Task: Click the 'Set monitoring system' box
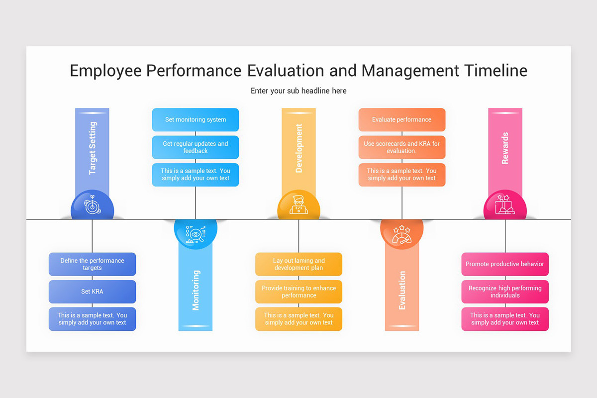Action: coord(195,120)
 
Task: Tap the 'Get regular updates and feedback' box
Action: coord(195,147)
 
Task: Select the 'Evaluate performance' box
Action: coord(401,120)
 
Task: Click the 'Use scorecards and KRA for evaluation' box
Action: coord(401,147)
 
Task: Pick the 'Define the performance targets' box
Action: coord(92,264)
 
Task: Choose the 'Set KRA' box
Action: coord(92,292)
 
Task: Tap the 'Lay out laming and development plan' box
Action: coord(298,264)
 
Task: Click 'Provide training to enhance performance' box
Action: coord(298,292)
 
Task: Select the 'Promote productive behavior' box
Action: coord(505,264)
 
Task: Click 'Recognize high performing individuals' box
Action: coord(505,292)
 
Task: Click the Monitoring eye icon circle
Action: coord(196,233)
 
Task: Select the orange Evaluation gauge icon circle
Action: coord(401,233)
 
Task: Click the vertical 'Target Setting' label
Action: coord(93,148)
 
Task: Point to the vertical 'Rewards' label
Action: coord(505,148)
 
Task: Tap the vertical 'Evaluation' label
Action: coord(402,291)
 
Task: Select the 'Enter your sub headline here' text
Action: coord(298,91)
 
